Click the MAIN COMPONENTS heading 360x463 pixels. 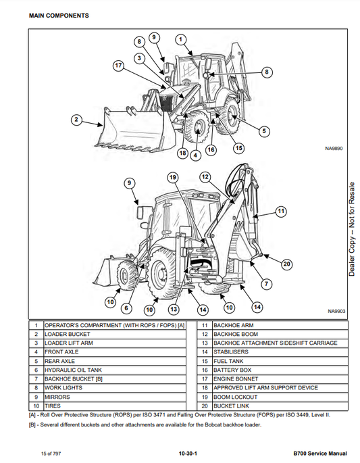click(59, 16)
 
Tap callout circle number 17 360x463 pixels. click(118, 66)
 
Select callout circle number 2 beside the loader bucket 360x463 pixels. click(76, 120)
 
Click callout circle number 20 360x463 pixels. click(287, 264)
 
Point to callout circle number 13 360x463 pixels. click(174, 309)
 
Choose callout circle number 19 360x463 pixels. click(173, 178)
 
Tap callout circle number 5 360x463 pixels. click(264, 131)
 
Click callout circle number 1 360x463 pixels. click(180, 40)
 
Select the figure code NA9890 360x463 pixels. click(334, 149)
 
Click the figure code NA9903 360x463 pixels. click(336, 311)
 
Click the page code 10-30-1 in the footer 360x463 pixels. click(188, 454)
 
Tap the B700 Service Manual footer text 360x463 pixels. click(320, 454)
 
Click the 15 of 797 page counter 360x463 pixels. click(51, 454)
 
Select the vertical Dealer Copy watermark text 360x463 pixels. click(352, 229)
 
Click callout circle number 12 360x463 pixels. click(205, 177)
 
